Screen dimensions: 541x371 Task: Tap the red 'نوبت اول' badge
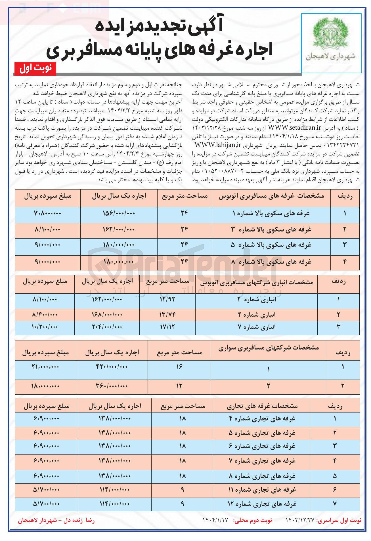click(x=35, y=68)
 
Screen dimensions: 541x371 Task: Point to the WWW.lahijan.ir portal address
click(x=218, y=145)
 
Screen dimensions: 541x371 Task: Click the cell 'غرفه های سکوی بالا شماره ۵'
click(x=271, y=245)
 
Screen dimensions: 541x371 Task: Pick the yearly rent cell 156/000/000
click(x=119, y=213)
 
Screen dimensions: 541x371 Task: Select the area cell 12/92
click(x=167, y=299)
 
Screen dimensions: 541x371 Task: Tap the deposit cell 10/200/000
click(x=45, y=327)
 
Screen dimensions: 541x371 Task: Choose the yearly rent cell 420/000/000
click(x=112, y=367)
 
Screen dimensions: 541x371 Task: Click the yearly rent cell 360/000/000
click(x=112, y=386)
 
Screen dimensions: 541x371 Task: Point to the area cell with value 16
click(x=179, y=367)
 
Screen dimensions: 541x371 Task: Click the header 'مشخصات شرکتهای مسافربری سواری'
click(x=268, y=348)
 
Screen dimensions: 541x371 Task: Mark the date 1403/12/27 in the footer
click(x=300, y=520)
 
